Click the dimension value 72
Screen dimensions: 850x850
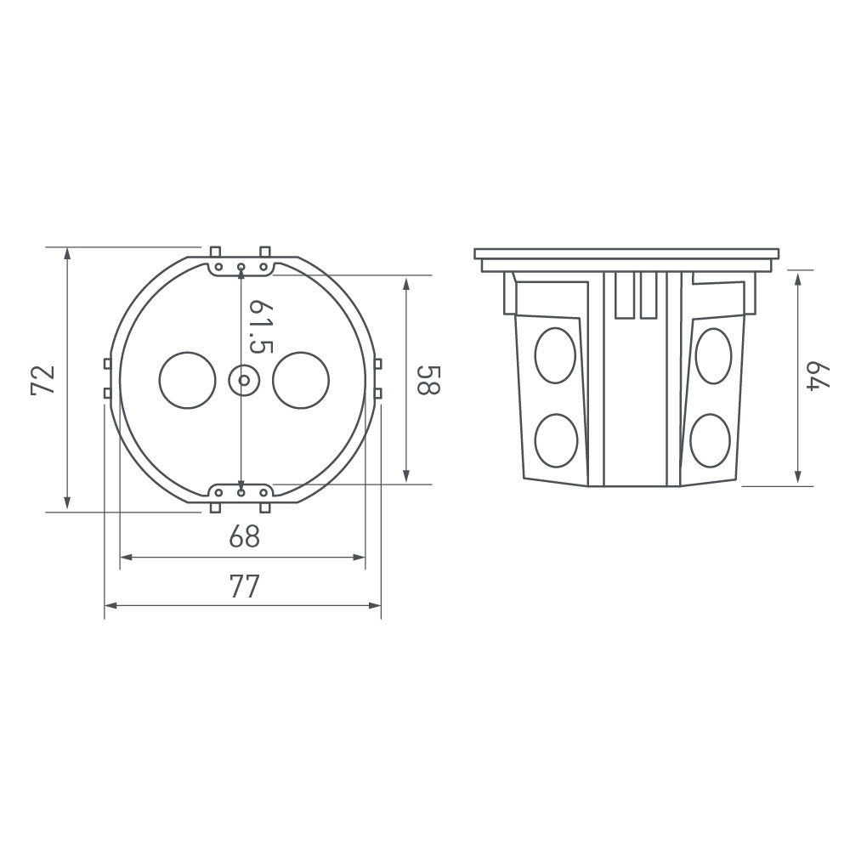click(x=43, y=380)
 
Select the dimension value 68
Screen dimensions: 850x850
click(x=245, y=536)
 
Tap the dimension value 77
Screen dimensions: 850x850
click(x=245, y=586)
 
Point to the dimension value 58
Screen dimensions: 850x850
click(x=428, y=379)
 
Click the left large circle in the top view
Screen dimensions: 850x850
click(x=188, y=381)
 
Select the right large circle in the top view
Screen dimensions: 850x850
click(x=301, y=381)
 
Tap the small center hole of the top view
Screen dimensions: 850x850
click(x=243, y=381)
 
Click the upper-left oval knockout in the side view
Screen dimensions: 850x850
click(x=555, y=355)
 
